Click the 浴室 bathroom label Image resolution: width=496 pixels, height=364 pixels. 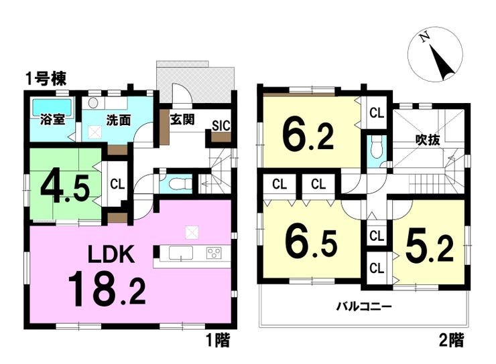pos(52,120)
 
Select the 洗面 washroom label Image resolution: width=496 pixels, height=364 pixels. pos(119,120)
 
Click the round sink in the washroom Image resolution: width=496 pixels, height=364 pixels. pos(93,102)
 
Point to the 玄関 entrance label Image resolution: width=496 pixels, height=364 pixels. pos(182,120)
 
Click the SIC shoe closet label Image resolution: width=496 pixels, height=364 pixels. pos(221,126)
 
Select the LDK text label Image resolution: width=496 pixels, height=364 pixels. pos(111,254)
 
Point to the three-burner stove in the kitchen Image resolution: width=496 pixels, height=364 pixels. pos(214,253)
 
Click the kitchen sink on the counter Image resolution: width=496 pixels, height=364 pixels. pos(180,253)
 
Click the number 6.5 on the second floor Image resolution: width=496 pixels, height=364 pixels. pos(311,242)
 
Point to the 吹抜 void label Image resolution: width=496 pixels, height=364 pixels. pos(428,140)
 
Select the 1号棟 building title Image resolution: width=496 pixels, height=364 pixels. pos(46,79)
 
